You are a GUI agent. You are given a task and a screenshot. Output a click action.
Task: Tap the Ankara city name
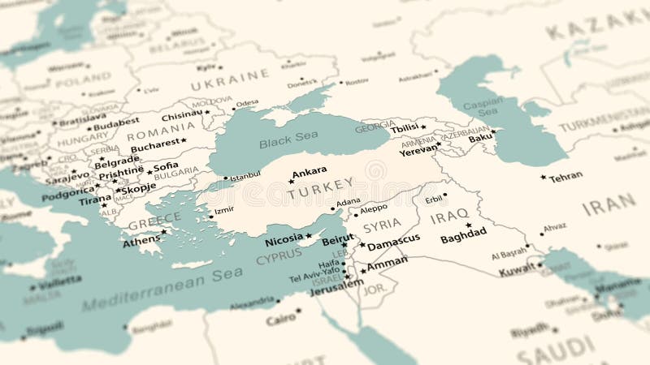pyautogui.click(x=310, y=171)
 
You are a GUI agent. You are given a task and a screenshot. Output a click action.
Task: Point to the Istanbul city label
pyautogui.click(x=245, y=176)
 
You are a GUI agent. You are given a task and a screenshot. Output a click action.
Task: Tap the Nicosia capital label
pyautogui.click(x=284, y=241)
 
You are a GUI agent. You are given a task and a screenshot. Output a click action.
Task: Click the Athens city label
pyautogui.click(x=141, y=241)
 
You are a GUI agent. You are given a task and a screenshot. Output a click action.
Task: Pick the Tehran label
pyautogui.click(x=565, y=177)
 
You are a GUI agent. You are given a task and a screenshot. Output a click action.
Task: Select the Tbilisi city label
pyautogui.click(x=405, y=128)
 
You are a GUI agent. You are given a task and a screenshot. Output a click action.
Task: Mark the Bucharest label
pyautogui.click(x=154, y=144)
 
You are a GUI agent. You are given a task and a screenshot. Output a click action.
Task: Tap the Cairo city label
pyautogui.click(x=280, y=320)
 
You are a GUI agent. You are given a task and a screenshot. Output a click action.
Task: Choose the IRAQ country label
pyautogui.click(x=449, y=217)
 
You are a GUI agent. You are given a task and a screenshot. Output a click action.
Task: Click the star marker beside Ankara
pyautogui.click(x=291, y=181)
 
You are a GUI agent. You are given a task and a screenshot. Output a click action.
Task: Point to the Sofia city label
pyautogui.click(x=165, y=168)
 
